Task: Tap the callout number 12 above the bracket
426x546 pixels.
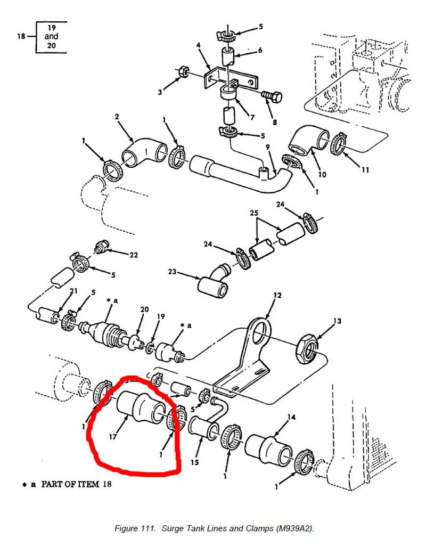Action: [x=277, y=296]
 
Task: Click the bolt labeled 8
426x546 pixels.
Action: [x=272, y=97]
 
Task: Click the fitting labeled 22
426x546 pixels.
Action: [x=100, y=246]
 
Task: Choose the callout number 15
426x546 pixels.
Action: [x=195, y=462]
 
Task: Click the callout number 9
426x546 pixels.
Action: [x=268, y=147]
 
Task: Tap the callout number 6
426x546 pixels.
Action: [x=260, y=50]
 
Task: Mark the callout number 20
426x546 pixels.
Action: [x=144, y=310]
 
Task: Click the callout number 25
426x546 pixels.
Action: [x=254, y=213]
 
